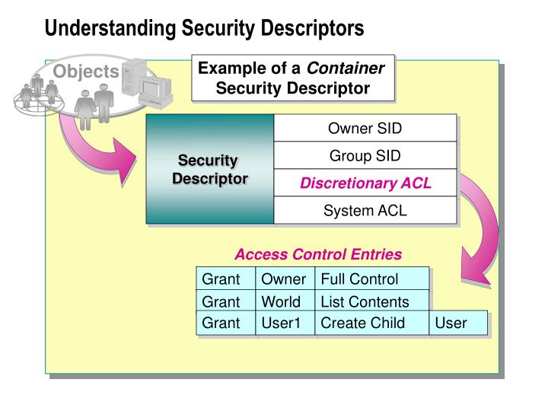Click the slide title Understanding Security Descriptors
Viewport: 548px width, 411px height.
204,28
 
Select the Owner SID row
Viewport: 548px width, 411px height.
365,128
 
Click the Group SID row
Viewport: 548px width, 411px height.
365,156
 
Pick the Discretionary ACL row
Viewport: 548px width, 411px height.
365,183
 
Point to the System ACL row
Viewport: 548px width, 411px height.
365,211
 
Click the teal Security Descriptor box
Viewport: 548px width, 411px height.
211,170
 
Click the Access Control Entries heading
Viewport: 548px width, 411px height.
317,254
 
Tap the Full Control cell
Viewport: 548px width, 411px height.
371,279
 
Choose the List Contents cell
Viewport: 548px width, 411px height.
371,301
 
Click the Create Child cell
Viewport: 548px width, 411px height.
371,323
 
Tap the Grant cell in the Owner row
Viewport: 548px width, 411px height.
225,279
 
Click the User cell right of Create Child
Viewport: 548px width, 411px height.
458,323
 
